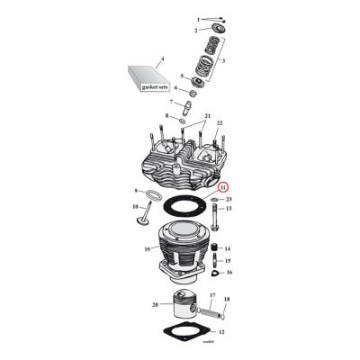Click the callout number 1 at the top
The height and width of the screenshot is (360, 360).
[198, 17]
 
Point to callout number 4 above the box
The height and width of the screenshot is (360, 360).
[161, 59]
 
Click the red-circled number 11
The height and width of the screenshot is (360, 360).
[223, 187]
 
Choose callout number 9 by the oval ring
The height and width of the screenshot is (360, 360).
[137, 191]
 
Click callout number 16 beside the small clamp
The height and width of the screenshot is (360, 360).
[229, 271]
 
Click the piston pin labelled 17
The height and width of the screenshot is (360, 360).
[209, 312]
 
